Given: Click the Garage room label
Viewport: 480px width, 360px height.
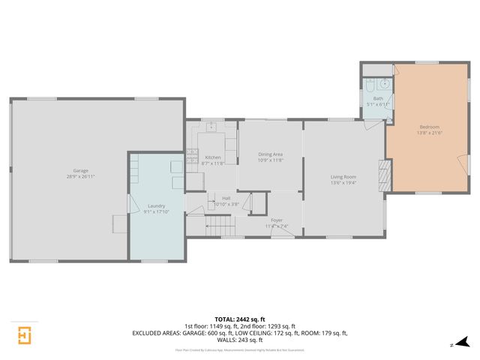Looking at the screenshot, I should coord(80,170).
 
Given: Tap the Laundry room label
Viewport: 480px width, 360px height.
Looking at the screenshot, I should coord(156,205).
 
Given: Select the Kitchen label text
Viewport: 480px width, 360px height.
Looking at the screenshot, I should coord(213,157).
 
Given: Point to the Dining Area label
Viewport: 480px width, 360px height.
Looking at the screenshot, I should coord(270,154).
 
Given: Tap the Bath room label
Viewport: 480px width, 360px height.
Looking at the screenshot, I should coord(378,98).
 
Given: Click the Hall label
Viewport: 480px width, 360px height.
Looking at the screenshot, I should coord(226,198).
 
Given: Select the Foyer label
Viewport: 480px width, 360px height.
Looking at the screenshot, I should coord(277,220).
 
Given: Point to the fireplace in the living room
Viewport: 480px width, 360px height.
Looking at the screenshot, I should coord(385,175).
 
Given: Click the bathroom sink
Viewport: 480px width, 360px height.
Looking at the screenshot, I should coord(382,84).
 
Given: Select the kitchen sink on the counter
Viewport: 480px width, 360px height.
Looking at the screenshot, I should coord(211,127).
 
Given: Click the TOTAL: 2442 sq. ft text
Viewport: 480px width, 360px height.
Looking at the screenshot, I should coord(239,319).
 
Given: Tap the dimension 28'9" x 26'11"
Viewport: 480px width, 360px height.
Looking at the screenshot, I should coord(80,176).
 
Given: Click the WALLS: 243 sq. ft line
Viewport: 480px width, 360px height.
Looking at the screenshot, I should coord(239,339).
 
